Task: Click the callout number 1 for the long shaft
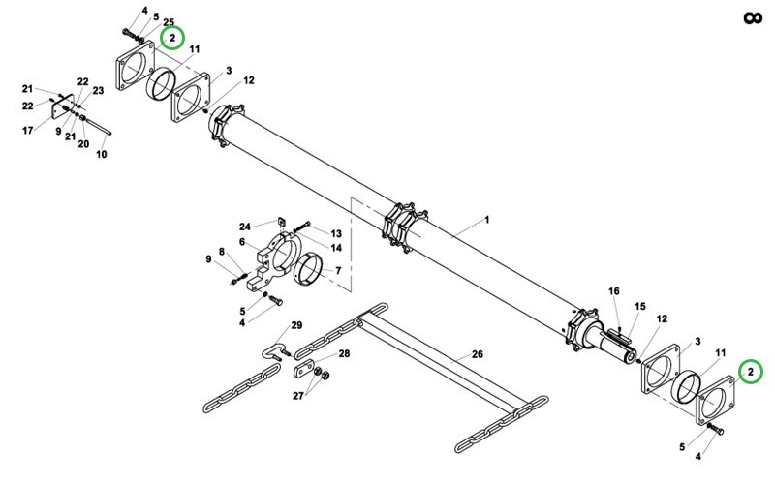[x=487, y=220]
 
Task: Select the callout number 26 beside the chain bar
[x=477, y=354]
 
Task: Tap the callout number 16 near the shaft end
[x=614, y=291]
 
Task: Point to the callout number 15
[x=640, y=306]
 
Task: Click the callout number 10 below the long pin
[x=102, y=154]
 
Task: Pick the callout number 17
[x=28, y=131]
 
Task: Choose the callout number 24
[x=245, y=227]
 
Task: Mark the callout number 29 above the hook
[x=296, y=325]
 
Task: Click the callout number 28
[x=344, y=353]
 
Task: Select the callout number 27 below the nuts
[x=298, y=396]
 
